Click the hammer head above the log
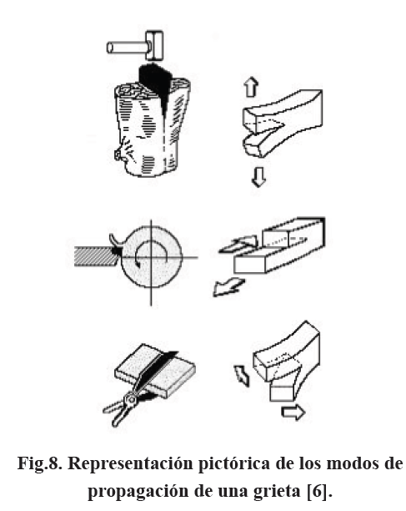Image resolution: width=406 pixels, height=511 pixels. pos(154,46)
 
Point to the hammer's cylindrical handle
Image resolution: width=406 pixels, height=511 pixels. pos(127,48)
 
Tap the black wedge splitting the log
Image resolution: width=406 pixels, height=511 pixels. pos(154,88)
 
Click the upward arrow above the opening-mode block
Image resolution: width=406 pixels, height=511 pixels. pos(252,87)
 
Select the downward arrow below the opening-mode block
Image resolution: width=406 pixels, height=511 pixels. pos(259,177)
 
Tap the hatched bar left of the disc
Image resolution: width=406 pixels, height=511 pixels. pos(94,256)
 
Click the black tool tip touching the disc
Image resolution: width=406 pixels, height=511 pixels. pos(117,251)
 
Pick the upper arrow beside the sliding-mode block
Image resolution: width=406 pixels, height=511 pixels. pos(238,245)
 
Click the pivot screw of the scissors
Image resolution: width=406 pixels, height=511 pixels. pos(132,399)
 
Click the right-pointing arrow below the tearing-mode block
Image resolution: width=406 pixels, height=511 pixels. pos(293,412)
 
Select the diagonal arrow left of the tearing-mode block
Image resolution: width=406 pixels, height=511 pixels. pos(242,376)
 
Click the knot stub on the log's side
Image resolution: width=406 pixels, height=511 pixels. pos(119,154)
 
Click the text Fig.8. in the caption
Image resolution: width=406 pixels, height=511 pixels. pos(39,463)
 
